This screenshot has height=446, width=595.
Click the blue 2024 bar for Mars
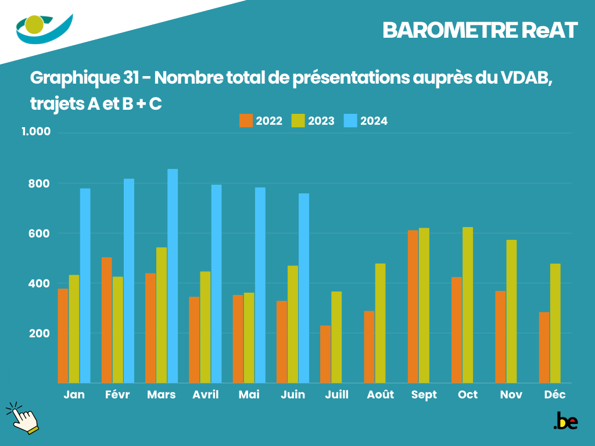[173, 276]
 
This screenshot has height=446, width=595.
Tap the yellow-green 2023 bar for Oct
[468, 305]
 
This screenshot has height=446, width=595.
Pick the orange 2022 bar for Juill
[325, 354]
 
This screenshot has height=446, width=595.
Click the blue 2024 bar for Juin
[304, 288]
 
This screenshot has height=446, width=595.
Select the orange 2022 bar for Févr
[107, 320]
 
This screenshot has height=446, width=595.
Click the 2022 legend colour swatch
[246, 121]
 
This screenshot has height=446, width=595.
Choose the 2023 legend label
[321, 121]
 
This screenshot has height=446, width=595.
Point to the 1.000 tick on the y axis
[36, 132]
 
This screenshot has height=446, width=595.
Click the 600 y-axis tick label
[40, 233]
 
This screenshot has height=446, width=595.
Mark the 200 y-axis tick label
[40, 334]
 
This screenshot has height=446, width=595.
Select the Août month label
[381, 395]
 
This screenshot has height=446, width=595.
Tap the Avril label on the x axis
[206, 395]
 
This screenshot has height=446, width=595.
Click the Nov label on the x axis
[511, 395]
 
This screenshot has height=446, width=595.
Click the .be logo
[565, 421]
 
